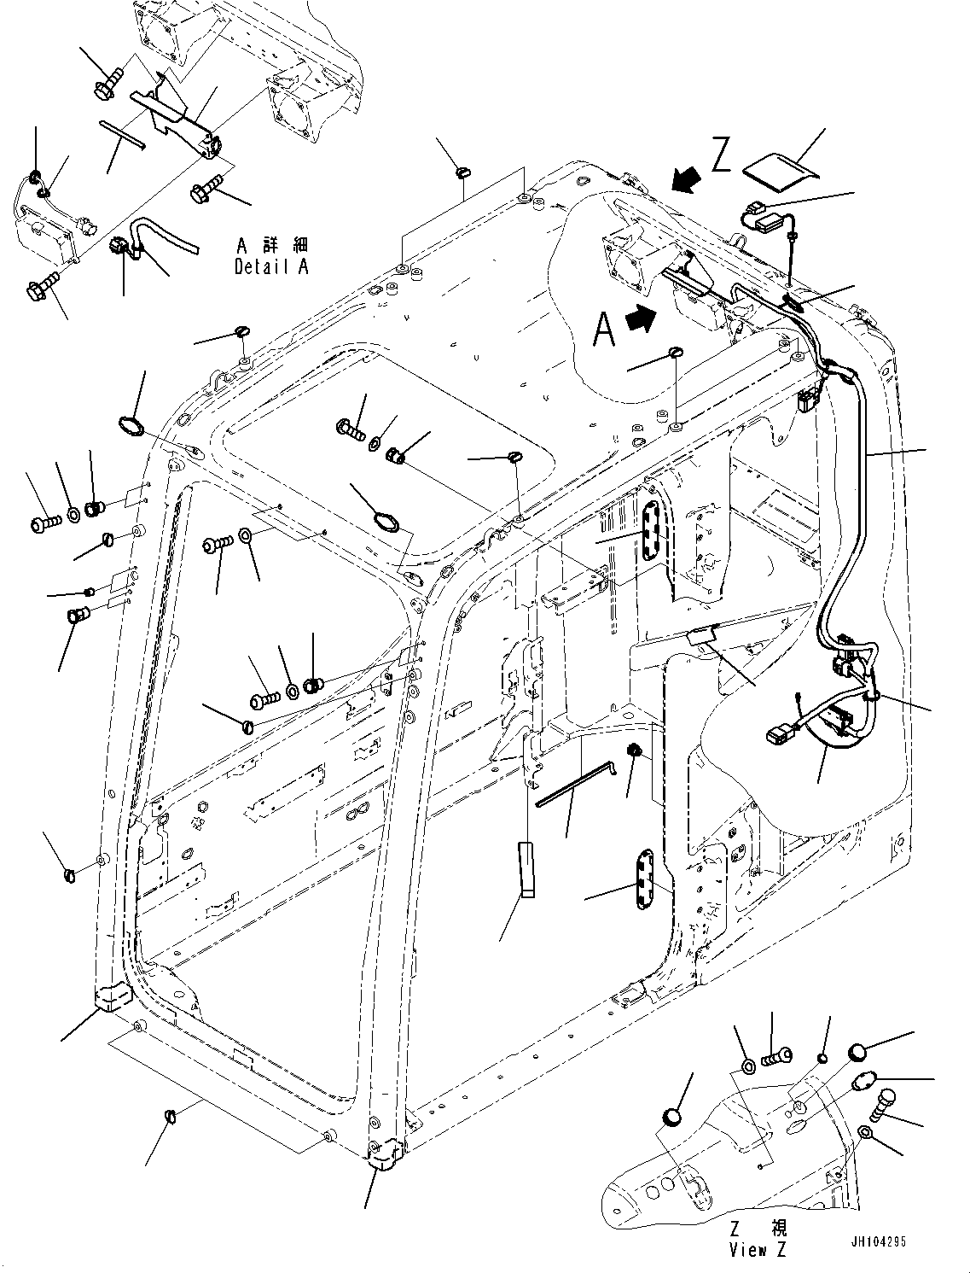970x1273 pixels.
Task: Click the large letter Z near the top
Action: tap(721, 157)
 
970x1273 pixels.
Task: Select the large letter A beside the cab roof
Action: tap(604, 329)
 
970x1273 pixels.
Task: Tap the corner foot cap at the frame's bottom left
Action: tap(109, 996)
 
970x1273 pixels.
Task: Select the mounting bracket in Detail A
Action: tap(179, 120)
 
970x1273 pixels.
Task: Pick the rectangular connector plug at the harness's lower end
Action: tap(776, 733)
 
